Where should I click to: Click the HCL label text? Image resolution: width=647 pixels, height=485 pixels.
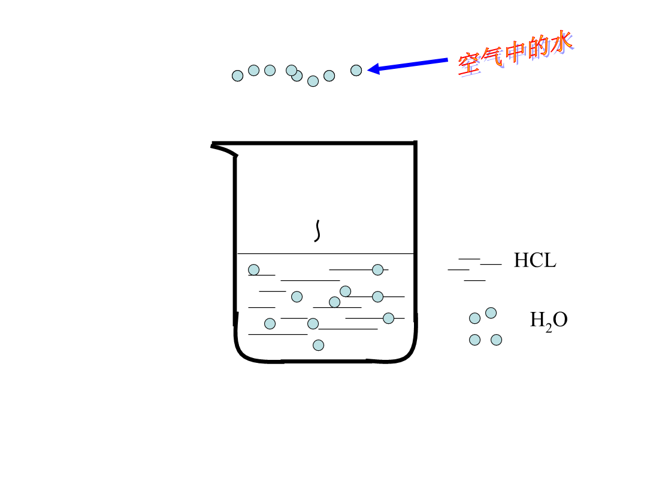click(535, 260)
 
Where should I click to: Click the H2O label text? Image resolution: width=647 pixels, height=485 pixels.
click(548, 320)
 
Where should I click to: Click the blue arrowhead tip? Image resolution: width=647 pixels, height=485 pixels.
click(367, 69)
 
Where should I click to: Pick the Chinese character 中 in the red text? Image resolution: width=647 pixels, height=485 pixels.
click(515, 53)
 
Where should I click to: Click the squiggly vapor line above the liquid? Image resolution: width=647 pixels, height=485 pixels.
click(318, 231)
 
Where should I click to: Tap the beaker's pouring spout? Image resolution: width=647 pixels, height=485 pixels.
click(224, 149)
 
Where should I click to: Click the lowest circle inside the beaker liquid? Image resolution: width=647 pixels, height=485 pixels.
click(318, 345)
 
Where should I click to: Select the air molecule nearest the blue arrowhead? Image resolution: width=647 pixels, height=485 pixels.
click(356, 71)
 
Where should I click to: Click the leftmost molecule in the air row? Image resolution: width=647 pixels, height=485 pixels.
click(237, 76)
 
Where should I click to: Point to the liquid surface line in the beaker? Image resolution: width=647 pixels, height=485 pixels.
click(325, 254)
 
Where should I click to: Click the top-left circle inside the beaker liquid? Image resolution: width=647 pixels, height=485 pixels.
click(254, 269)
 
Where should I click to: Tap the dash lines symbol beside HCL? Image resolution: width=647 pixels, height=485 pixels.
click(474, 269)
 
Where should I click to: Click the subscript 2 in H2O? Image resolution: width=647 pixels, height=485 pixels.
click(548, 328)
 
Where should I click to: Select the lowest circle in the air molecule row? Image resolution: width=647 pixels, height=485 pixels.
click(313, 81)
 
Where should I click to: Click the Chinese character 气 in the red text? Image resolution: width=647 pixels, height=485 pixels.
click(492, 58)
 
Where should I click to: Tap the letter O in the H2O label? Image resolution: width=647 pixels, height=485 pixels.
click(560, 320)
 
